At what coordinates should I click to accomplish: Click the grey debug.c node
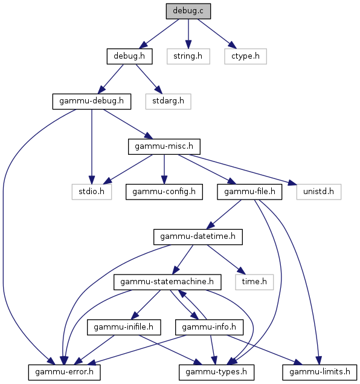pos(188,11)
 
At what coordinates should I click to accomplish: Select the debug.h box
pos(129,56)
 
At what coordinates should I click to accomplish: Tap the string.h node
pos(188,56)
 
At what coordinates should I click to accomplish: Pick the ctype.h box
pos(246,56)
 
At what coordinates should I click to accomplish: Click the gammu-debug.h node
pos(92,102)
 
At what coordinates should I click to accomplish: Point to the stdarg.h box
pos(169,102)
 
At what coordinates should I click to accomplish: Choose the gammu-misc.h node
pos(164,147)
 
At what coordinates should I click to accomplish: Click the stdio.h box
pos(92,192)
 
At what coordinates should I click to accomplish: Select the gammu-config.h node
pos(164,192)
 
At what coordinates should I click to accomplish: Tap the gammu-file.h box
pos(249,192)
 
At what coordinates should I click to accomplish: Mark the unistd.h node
pos(319,192)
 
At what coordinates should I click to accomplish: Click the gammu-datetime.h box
pos(198,237)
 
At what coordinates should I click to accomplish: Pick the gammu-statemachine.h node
pos(167,282)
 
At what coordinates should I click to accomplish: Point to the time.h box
pos(254,282)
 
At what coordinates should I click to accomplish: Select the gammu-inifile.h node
pos(124,327)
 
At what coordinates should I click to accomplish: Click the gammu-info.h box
pos(209,327)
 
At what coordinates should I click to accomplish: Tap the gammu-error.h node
pos(64,373)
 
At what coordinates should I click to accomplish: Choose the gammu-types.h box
pos(216,373)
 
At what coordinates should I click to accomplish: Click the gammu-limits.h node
pos(320,373)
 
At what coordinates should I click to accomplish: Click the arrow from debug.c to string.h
pos(188,34)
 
